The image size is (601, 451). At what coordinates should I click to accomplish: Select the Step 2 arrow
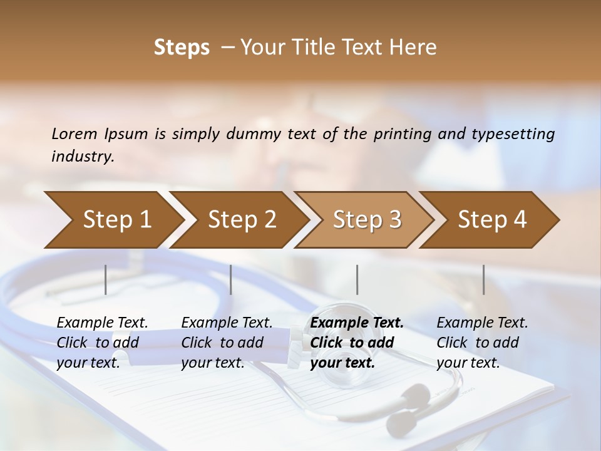(x=239, y=220)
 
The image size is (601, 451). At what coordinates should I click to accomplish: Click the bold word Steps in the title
(x=182, y=47)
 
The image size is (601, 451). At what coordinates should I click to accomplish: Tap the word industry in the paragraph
(x=83, y=157)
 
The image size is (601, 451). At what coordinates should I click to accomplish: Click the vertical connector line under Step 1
(x=106, y=279)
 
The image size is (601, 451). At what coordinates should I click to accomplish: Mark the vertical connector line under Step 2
(x=231, y=279)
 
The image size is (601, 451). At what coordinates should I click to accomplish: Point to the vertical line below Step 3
(x=357, y=279)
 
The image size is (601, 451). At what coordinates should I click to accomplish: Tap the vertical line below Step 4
(x=484, y=279)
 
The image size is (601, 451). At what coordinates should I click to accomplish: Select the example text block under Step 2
(x=226, y=343)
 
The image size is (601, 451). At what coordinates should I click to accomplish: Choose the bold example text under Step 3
(x=356, y=343)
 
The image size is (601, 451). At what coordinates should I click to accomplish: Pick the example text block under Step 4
(x=481, y=343)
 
